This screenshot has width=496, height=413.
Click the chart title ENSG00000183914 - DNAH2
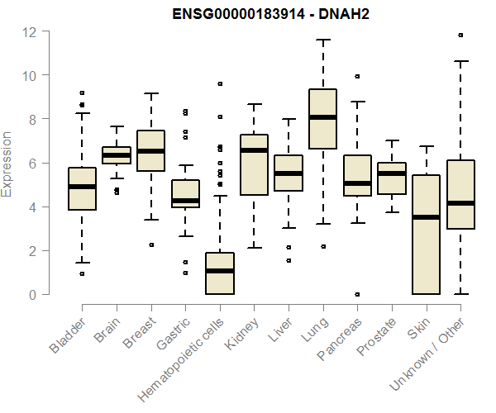pos(265,14)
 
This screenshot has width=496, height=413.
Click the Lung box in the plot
pos(322,119)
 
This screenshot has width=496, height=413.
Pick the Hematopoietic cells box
pos(220,273)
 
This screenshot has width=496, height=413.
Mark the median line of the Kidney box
pos(254,150)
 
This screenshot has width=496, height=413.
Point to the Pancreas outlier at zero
pos(357,294)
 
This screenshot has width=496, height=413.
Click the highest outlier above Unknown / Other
pos(460,36)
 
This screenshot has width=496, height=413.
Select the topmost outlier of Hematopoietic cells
pos(220,84)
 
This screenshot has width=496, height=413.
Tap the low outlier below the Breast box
pos(150,244)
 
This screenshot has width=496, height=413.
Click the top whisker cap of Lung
pos(322,40)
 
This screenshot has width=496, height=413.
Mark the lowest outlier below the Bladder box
pos(82,273)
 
